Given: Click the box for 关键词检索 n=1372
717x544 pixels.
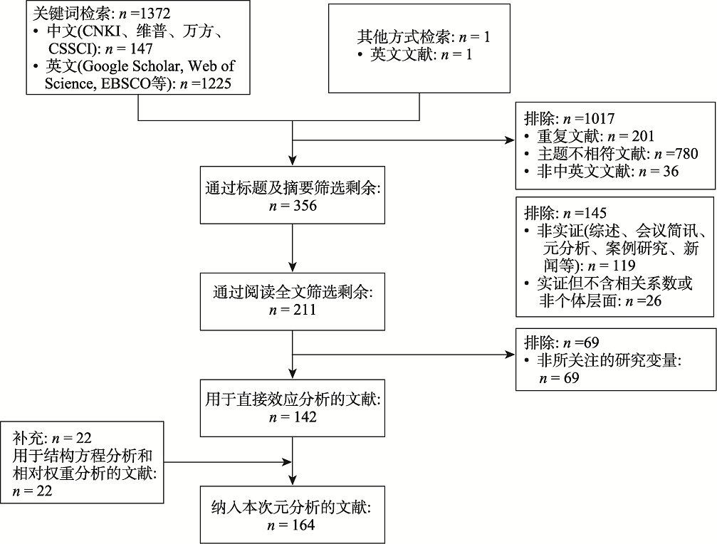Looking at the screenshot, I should coord(136,48).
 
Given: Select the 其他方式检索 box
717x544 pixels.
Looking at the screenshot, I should coord(419,48).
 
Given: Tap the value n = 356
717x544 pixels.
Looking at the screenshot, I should coord(293,206).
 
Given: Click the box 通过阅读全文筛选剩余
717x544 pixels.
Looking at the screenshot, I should coord(293,300).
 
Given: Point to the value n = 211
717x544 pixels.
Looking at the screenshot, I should coord(293,310).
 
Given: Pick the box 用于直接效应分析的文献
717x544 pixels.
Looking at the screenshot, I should coord(293,407).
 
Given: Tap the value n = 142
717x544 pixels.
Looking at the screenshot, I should coord(293,417).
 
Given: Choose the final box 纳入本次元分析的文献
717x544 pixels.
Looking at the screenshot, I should coord(293,516).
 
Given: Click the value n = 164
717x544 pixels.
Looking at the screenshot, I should coord(293,525).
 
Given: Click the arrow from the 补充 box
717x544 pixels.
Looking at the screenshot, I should coord(228,463).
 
